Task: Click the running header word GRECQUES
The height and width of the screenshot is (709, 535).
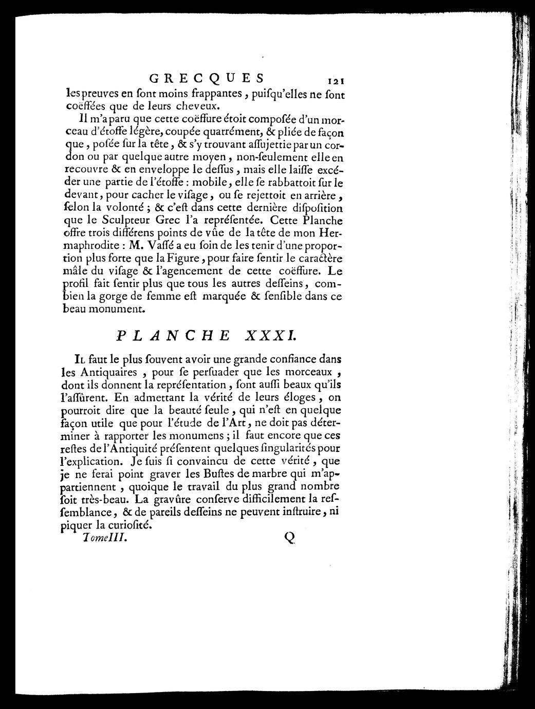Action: pyautogui.click(x=207, y=79)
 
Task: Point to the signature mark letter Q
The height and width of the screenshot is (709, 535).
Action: pyautogui.click(x=289, y=537)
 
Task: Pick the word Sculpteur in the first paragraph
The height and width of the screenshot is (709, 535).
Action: pyautogui.click(x=116, y=221)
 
